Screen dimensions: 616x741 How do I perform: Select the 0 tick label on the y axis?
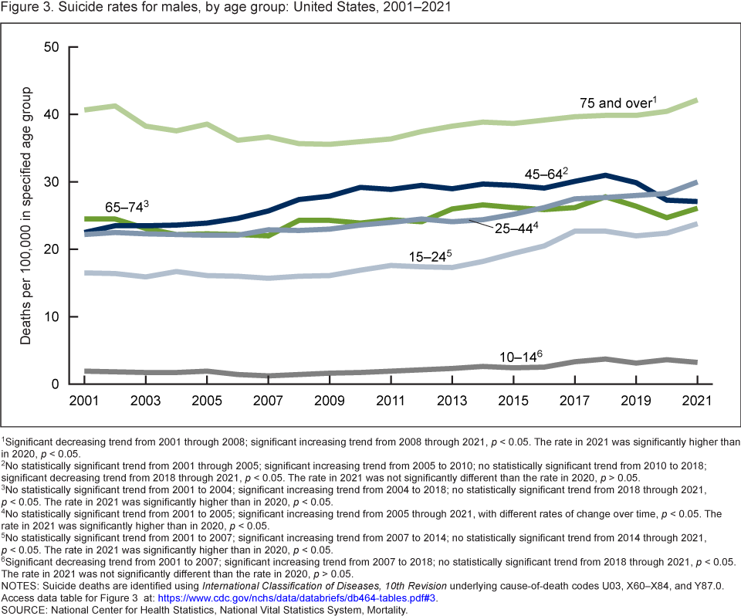coord(55,384)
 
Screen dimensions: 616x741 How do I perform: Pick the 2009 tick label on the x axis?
coord(330,402)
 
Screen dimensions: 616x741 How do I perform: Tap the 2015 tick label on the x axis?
coord(514,402)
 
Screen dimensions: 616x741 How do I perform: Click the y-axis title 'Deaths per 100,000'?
coord(26,215)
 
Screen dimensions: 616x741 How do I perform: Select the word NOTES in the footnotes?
coord(22,585)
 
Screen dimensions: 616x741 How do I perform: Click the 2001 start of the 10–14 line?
coord(86,371)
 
